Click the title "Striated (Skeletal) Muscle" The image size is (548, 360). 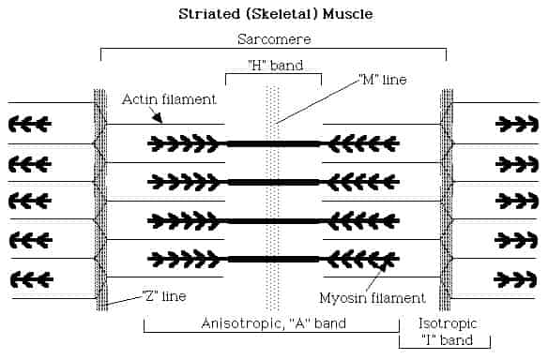(x=273, y=15)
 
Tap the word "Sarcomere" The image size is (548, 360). (x=273, y=38)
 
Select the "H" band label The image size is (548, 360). (x=273, y=65)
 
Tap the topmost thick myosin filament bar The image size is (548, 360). (x=273, y=143)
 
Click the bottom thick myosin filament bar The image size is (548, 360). (x=273, y=259)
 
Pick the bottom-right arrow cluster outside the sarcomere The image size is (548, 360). (x=517, y=278)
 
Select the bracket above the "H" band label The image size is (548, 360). (x=273, y=75)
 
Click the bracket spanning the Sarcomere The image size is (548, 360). (x=273, y=49)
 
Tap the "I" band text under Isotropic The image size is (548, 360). (x=438, y=339)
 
